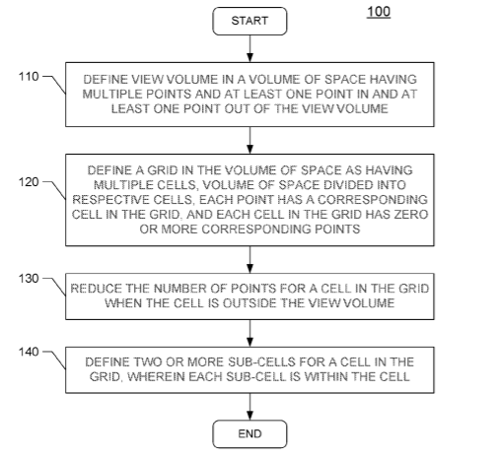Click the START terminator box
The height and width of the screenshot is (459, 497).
[x=249, y=21]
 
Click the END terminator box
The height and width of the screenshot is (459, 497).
[x=249, y=433]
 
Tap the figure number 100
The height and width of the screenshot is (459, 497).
[x=379, y=12]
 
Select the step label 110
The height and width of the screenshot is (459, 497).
[x=29, y=77]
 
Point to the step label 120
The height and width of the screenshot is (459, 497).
[x=29, y=182]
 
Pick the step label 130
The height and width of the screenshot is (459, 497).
[x=29, y=279]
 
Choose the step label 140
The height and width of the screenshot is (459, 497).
[x=29, y=352]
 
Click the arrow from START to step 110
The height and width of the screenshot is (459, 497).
[x=249, y=48]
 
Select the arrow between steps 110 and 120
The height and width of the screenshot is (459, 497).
[x=249, y=140]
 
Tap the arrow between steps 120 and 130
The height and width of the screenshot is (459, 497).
[x=249, y=259]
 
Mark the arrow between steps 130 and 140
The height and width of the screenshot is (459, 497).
[x=249, y=333]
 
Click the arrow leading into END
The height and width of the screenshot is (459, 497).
[x=249, y=407]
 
